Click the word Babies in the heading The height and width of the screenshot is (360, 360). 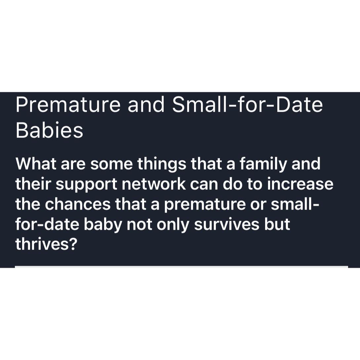[x=49, y=130]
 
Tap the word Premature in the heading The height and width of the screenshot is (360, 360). [x=68, y=104]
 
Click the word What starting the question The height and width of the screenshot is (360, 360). [x=36, y=164]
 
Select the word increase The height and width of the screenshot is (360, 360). [x=300, y=184]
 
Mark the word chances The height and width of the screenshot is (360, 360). [x=78, y=204]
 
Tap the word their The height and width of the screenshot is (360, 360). [x=34, y=184]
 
